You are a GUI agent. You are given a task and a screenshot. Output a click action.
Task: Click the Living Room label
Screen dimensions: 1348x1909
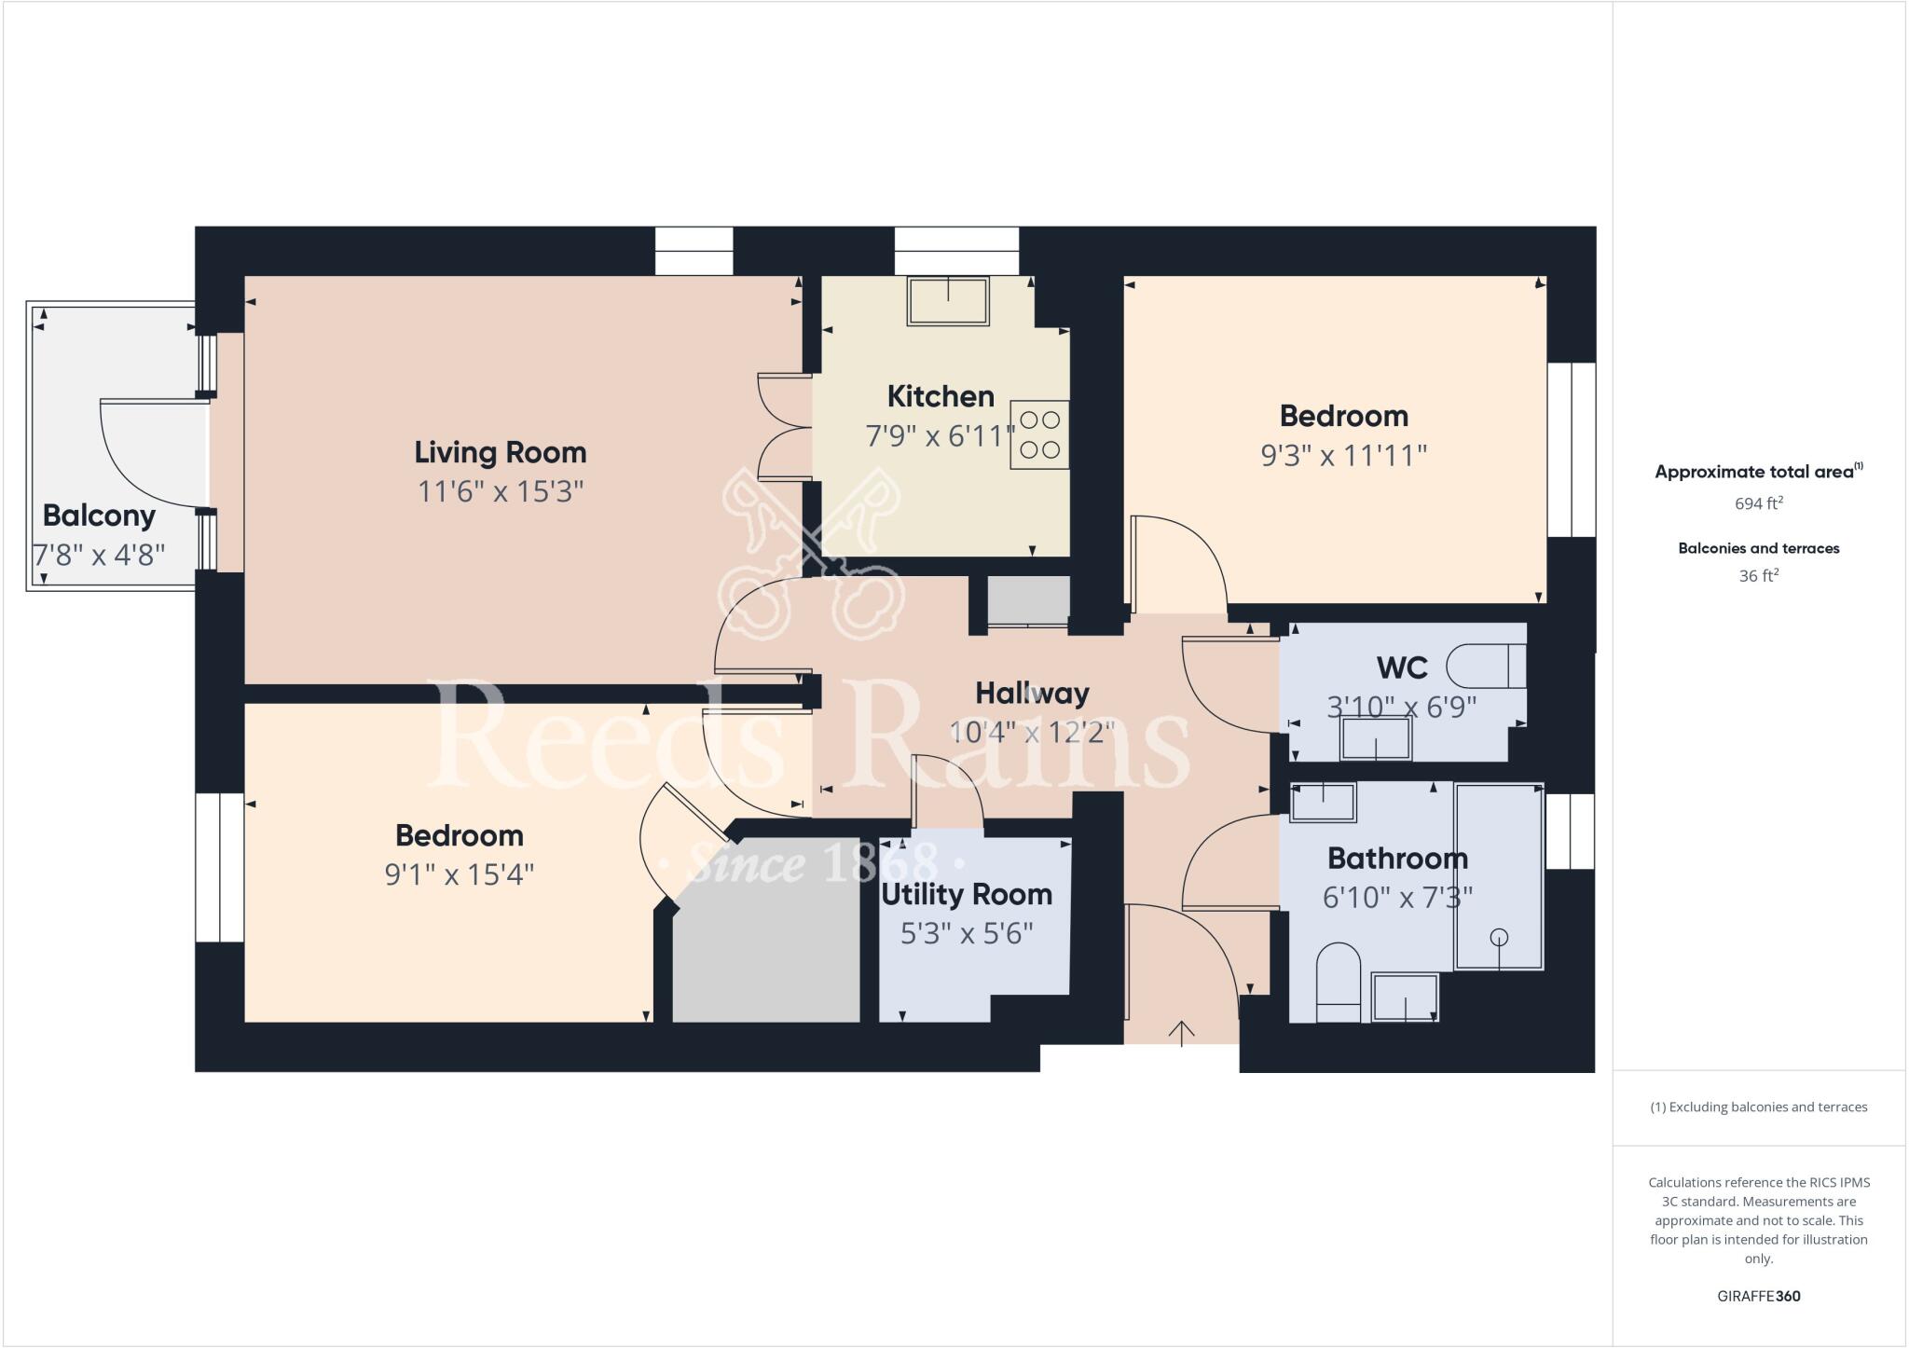tap(501, 453)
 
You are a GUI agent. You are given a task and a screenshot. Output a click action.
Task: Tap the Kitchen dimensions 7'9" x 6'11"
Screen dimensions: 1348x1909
tap(940, 435)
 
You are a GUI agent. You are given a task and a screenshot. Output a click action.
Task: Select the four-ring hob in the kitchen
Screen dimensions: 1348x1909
tap(1039, 434)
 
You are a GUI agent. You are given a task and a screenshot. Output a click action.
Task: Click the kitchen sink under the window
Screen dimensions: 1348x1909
tap(948, 300)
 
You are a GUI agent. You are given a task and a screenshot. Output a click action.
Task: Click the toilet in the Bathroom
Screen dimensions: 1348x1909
tap(1339, 983)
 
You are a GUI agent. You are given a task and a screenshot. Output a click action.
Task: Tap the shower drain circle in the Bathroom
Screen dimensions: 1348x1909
tap(1498, 937)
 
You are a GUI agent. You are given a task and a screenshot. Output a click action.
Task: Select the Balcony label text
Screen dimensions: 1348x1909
tap(99, 516)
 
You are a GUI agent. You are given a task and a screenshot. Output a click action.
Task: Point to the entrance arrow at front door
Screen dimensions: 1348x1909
tap(1181, 1033)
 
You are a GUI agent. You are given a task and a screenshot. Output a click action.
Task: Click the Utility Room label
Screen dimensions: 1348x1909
tap(967, 895)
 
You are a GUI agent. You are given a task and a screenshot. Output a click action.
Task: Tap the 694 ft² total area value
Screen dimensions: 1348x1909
tap(1758, 503)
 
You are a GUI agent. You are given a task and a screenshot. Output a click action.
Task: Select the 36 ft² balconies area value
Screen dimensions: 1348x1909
tap(1758, 576)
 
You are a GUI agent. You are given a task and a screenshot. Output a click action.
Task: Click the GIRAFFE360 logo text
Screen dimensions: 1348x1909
tap(1758, 1296)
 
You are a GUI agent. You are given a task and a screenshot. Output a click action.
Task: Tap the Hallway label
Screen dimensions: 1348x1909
tap(1032, 694)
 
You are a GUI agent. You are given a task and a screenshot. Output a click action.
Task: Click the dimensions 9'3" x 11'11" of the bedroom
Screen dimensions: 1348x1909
tap(1343, 456)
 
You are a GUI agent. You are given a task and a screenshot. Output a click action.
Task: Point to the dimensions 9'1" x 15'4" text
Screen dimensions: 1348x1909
tap(459, 875)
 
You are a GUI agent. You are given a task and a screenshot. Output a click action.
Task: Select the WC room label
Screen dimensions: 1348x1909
tap(1402, 668)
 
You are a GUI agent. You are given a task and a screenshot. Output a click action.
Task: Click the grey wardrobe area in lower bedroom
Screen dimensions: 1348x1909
tap(766, 942)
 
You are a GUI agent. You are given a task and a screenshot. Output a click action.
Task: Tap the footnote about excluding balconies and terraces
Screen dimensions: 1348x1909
tap(1758, 1107)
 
